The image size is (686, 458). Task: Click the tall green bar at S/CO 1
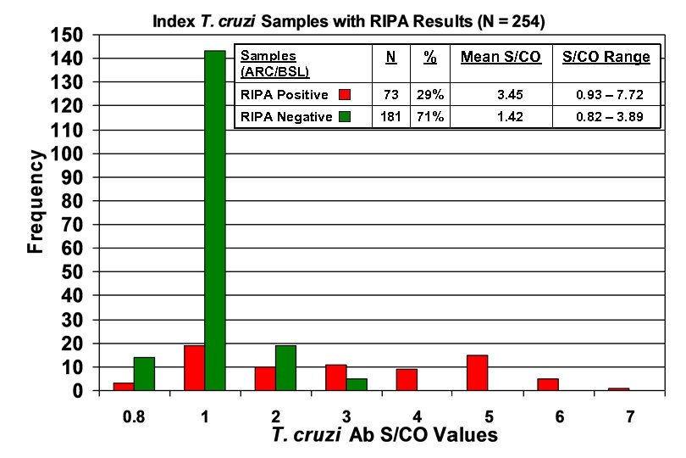coord(215,221)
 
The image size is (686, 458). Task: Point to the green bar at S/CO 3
coord(357,385)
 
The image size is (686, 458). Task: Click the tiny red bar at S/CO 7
coord(618,389)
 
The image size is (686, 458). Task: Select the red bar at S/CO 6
coord(548,385)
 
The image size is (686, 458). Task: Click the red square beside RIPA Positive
coord(345,94)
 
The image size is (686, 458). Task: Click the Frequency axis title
coord(35,202)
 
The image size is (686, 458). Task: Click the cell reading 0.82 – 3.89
coord(606,117)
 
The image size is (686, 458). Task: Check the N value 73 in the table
coord(391,94)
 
